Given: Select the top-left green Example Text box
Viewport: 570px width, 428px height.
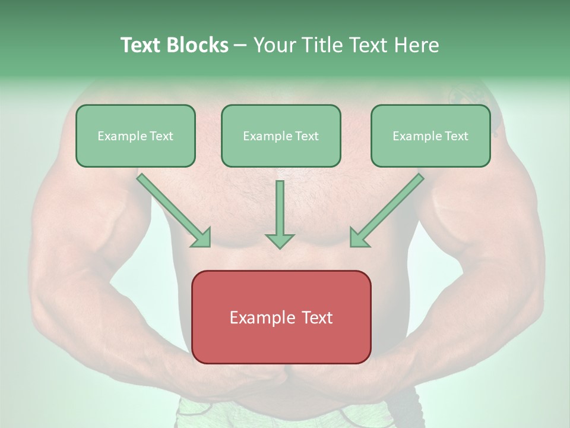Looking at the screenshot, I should (135, 136).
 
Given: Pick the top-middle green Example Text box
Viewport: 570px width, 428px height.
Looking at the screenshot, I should (281, 136).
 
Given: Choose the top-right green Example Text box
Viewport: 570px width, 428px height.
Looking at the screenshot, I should (430, 136).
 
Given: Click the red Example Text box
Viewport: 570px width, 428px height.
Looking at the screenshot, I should (281, 317).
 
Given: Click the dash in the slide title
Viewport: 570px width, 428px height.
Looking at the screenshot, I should (240, 45).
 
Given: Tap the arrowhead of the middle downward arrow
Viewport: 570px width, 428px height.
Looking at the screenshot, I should (280, 241).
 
